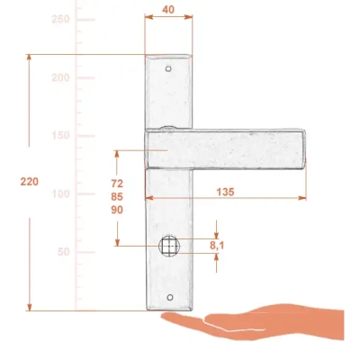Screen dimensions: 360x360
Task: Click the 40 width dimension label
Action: [x=168, y=10]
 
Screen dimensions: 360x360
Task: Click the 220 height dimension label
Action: [x=30, y=182]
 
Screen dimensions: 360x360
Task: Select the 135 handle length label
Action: [x=225, y=192]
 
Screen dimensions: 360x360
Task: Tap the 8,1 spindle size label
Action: [x=217, y=246]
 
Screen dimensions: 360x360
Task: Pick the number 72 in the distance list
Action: [x=117, y=183]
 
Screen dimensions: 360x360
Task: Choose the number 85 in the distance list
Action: [x=117, y=196]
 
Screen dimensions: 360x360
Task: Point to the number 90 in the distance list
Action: [x=117, y=210]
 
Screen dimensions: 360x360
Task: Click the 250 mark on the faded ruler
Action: [x=60, y=19]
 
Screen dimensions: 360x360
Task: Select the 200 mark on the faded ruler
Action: [x=60, y=77]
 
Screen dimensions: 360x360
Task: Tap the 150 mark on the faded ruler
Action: [x=60, y=135]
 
